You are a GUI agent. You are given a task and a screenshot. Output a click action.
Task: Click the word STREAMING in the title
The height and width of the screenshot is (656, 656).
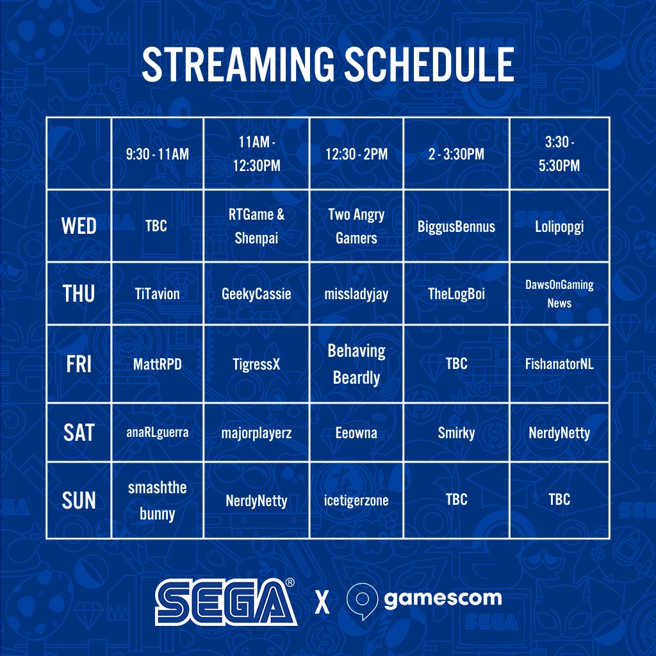(238, 64)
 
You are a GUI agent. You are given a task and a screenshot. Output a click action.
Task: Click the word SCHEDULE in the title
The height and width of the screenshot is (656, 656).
(429, 64)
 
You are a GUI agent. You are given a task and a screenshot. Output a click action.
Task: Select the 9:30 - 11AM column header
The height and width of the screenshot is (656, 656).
(158, 154)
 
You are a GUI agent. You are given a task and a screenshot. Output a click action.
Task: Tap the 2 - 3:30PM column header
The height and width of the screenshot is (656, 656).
(456, 154)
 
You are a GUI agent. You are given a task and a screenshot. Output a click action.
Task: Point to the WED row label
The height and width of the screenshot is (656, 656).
(79, 226)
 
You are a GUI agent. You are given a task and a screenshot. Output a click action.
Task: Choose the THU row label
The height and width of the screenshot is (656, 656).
(79, 293)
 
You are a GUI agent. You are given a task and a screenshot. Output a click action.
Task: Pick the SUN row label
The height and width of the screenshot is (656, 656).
(79, 500)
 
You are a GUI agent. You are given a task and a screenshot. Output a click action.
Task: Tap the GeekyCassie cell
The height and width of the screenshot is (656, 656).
(256, 294)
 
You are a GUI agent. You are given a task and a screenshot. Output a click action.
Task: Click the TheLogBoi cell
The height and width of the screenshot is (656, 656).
(456, 293)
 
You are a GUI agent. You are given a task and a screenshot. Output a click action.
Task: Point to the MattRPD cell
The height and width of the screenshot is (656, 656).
(158, 364)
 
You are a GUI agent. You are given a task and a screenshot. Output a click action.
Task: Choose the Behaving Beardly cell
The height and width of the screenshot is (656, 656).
(356, 364)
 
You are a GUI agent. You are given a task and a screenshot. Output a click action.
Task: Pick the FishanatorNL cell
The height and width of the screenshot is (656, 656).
(559, 364)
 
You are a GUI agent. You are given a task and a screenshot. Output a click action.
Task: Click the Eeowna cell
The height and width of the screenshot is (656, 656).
(356, 432)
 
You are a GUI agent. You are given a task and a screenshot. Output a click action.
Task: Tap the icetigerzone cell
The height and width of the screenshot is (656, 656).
(356, 500)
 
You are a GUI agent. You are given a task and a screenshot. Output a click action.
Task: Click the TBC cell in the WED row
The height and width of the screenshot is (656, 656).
(156, 226)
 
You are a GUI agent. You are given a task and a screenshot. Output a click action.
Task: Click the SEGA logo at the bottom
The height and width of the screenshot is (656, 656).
(226, 602)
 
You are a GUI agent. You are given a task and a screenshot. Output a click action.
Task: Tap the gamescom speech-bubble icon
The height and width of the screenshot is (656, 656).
(363, 601)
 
